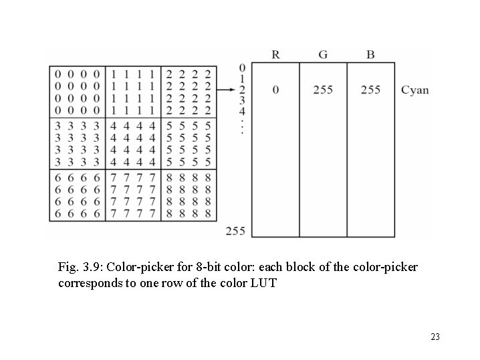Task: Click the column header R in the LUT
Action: tap(275, 54)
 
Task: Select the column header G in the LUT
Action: tap(322, 54)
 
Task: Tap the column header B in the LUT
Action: tap(370, 54)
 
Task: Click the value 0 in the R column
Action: tap(275, 90)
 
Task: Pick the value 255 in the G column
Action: tap(323, 90)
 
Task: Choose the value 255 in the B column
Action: tap(370, 90)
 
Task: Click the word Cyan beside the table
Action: tap(415, 90)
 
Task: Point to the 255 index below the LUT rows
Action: tap(235, 231)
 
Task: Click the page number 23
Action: tap(435, 337)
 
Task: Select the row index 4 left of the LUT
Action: tap(242, 110)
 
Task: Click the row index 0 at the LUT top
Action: tap(242, 68)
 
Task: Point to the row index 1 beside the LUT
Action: tap(242, 78)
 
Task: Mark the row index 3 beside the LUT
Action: tap(242, 100)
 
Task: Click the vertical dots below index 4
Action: tap(242, 126)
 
